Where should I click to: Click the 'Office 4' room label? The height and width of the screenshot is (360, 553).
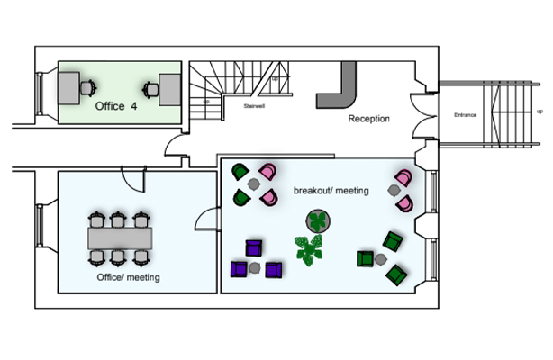pyautogui.click(x=116, y=105)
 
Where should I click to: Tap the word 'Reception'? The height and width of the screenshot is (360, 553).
pyautogui.click(x=368, y=118)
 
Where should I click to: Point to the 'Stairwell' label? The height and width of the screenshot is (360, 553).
pyautogui.click(x=254, y=105)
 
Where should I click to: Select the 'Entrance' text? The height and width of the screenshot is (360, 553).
pyautogui.click(x=465, y=115)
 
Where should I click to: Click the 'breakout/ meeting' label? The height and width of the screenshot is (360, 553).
pyautogui.click(x=331, y=191)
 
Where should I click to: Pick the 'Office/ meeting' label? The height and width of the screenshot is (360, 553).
pyautogui.click(x=128, y=278)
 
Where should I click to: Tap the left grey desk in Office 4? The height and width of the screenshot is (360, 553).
pyautogui.click(x=67, y=88)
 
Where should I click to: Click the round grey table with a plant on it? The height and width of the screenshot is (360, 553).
pyautogui.click(x=318, y=220)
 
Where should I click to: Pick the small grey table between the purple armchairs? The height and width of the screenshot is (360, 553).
pyautogui.click(x=256, y=267)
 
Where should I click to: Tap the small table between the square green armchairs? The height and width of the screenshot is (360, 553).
pyautogui.click(x=380, y=259)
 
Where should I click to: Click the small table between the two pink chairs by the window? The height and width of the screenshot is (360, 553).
pyautogui.click(x=394, y=191)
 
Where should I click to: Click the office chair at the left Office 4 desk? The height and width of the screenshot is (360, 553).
pyautogui.click(x=88, y=87)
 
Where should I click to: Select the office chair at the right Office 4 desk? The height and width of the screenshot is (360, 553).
pyautogui.click(x=150, y=88)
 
